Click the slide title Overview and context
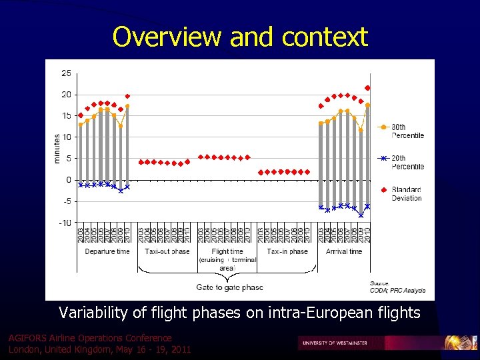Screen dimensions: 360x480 (x=240, y=37)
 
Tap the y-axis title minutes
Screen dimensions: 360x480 (x=57, y=148)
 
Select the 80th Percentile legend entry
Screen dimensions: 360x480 (x=407, y=131)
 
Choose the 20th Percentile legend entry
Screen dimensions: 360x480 (x=407, y=162)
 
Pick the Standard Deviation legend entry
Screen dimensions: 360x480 (x=407, y=193)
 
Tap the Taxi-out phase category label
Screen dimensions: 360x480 (x=167, y=251)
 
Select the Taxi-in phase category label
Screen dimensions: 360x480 (x=287, y=251)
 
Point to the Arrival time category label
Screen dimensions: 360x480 (x=344, y=251)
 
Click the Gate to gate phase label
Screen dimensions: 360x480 (x=229, y=287)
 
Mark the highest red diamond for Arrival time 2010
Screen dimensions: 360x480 (x=367, y=88)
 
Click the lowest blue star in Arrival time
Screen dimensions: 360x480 (x=361, y=215)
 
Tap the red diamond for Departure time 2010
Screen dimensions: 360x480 (x=127, y=96)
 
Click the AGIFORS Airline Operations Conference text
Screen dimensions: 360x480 (x=90, y=338)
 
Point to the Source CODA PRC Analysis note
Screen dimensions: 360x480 (x=397, y=287)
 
